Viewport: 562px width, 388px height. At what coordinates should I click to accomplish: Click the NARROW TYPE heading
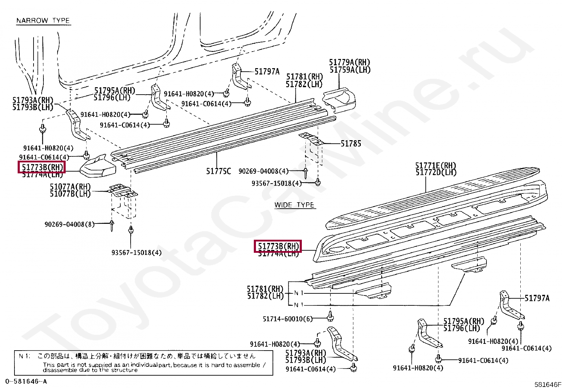pyautogui.click(x=43, y=20)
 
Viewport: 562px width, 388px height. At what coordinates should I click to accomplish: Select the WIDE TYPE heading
pyautogui.click(x=294, y=205)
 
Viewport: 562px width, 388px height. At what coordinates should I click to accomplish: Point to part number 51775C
pyautogui.click(x=218, y=171)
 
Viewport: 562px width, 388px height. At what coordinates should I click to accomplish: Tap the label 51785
pyautogui.click(x=351, y=144)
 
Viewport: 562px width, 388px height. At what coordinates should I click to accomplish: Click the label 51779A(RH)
pyautogui.click(x=349, y=62)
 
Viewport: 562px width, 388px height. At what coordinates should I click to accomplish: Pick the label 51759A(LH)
pyautogui.click(x=350, y=70)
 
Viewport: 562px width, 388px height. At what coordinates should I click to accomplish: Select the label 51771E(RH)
pyautogui.click(x=436, y=166)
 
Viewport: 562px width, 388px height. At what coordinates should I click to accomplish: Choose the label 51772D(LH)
pyautogui.click(x=436, y=172)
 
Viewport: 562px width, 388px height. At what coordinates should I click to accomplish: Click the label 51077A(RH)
pyautogui.click(x=70, y=187)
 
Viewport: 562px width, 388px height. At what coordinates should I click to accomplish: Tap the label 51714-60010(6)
pyautogui.click(x=287, y=319)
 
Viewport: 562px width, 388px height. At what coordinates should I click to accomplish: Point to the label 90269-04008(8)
pyautogui.click(x=69, y=224)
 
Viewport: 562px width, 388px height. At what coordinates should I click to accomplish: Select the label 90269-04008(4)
pyautogui.click(x=263, y=171)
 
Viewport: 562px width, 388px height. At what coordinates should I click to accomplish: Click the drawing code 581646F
pyautogui.click(x=547, y=384)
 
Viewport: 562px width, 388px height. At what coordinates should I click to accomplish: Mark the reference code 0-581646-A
pyautogui.click(x=26, y=381)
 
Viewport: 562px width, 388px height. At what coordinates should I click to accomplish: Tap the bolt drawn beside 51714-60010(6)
pyautogui.click(x=330, y=316)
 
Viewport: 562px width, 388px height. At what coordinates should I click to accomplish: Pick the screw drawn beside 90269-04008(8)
pyautogui.click(x=112, y=225)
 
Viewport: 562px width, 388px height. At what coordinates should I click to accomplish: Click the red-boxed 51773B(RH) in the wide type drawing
pyautogui.click(x=278, y=246)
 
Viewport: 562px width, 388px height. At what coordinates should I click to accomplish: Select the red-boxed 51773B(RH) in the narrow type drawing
pyautogui.click(x=42, y=167)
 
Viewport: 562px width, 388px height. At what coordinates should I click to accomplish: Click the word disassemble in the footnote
pyautogui.click(x=60, y=370)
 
